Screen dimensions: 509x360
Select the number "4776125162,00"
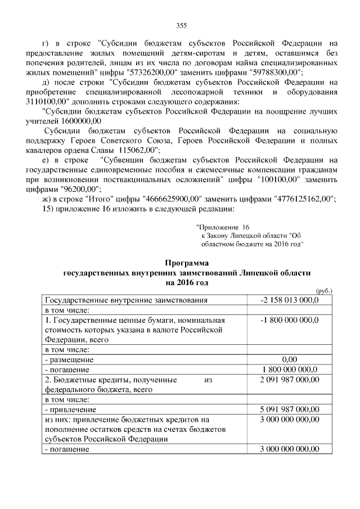pyautogui.click(x=303, y=199)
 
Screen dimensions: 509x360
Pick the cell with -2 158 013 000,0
pyautogui.click(x=290, y=300)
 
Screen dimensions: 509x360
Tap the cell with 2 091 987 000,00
pyautogui.click(x=290, y=380)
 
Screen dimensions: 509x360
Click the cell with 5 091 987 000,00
pyautogui.click(x=290, y=409)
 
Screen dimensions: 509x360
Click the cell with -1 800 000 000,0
pyautogui.click(x=290, y=320)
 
